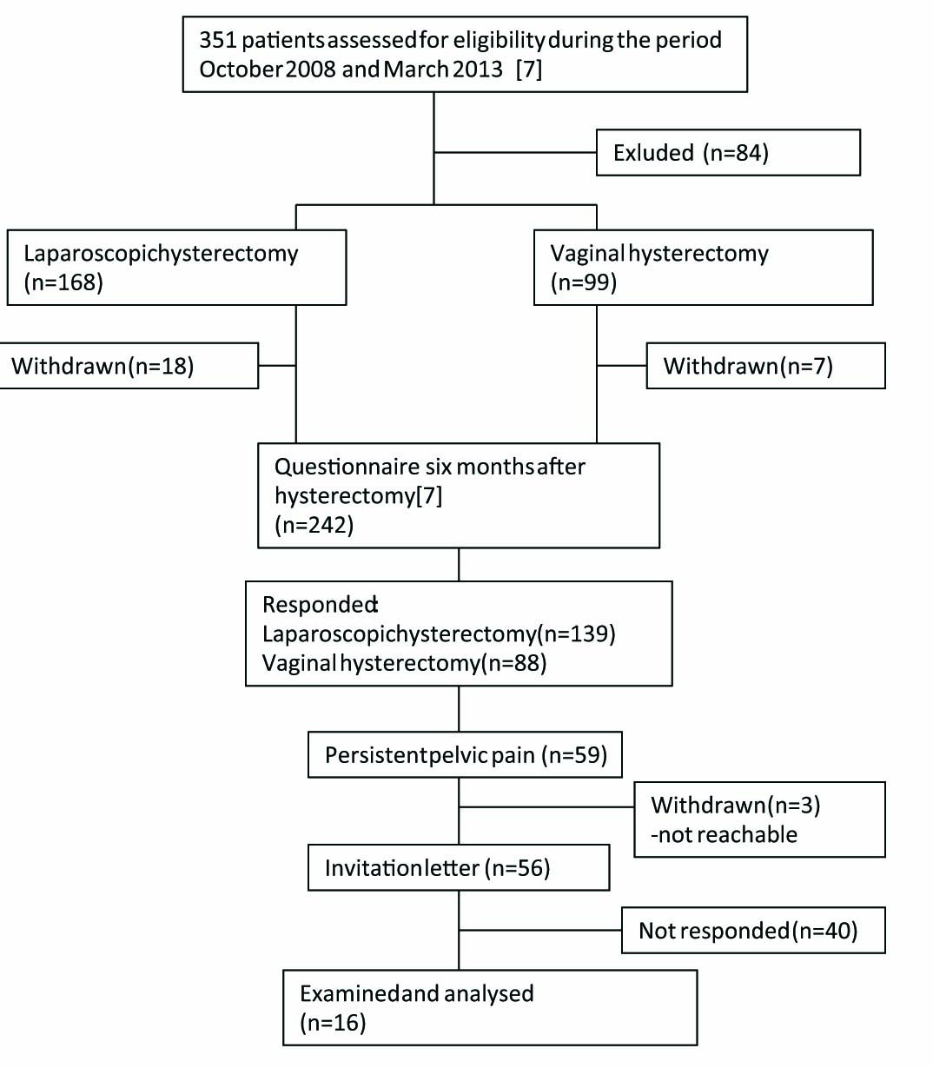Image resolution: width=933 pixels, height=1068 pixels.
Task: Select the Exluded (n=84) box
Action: pos(727,153)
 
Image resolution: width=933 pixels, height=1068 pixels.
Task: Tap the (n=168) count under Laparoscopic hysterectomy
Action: pos(63,282)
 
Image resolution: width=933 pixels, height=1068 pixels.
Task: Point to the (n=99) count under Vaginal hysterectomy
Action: pos(584,282)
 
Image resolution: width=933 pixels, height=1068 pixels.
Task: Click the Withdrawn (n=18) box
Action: pos(129,366)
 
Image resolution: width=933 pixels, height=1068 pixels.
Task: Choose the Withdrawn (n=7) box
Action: pos(764,366)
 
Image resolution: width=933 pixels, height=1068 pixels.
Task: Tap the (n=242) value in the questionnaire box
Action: pos(314,525)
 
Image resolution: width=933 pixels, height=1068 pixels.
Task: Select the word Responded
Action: pos(320,605)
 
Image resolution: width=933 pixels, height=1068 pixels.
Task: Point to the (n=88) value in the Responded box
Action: pos(513,663)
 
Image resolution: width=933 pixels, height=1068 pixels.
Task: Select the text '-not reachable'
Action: pos(724,834)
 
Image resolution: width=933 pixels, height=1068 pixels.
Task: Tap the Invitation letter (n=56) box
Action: pos(458,867)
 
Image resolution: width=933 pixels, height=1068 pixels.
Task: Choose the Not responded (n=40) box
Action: pos(752,931)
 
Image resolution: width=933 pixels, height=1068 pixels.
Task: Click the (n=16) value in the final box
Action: pos(333,1023)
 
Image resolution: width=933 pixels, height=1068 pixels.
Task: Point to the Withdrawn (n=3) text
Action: pos(735,805)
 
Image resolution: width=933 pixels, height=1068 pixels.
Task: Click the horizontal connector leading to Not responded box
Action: pos(539,930)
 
